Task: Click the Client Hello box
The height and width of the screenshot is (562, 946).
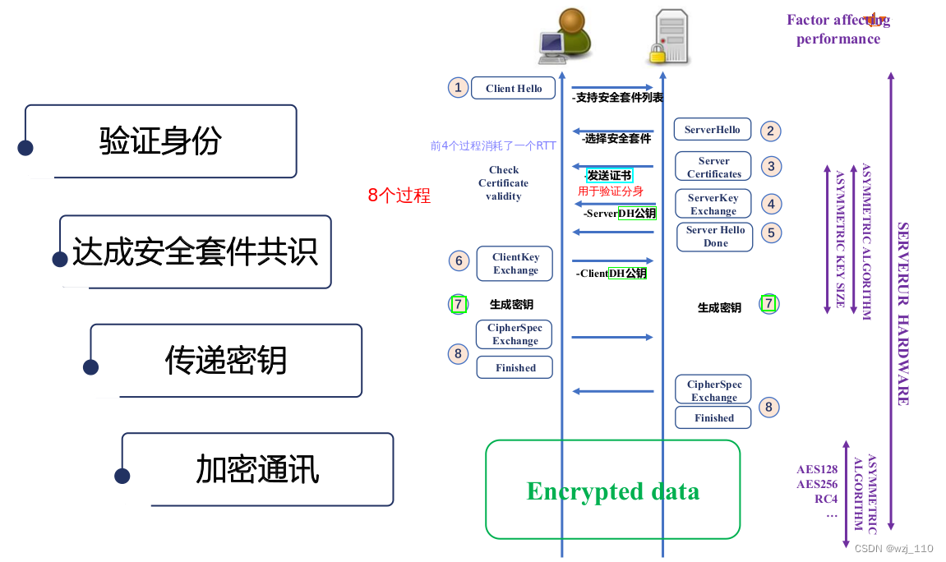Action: (x=513, y=89)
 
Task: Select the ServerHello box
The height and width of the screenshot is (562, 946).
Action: (x=712, y=130)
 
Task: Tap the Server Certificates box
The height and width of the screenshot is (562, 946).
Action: (x=713, y=168)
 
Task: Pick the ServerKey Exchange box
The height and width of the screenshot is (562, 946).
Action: (x=713, y=205)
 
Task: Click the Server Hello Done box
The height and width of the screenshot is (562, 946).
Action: (x=715, y=237)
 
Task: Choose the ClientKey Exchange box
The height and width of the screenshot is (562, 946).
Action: (x=515, y=264)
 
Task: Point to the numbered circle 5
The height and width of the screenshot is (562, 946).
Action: (x=770, y=233)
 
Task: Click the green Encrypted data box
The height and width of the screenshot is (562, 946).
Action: (x=612, y=491)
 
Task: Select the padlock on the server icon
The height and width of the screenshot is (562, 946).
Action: (x=657, y=53)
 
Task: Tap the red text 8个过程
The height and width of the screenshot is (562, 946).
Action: (x=399, y=196)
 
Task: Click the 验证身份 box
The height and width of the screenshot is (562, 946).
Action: (x=160, y=141)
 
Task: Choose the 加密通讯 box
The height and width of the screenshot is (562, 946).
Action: (x=257, y=469)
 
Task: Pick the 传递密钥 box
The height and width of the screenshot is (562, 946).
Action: (x=226, y=360)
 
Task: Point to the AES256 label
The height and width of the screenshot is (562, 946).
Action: (x=817, y=484)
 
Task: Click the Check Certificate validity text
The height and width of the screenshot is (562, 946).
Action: (x=503, y=183)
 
